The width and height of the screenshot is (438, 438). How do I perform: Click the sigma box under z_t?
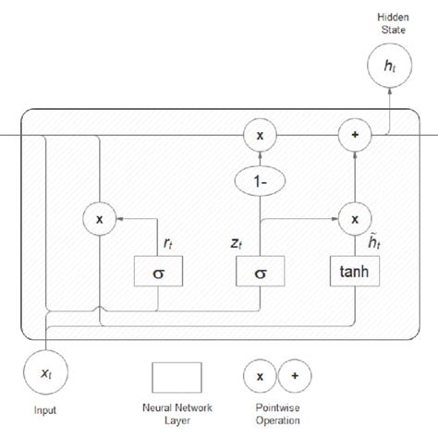coord(261,271)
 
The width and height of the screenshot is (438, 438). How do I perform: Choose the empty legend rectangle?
coord(176,378)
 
